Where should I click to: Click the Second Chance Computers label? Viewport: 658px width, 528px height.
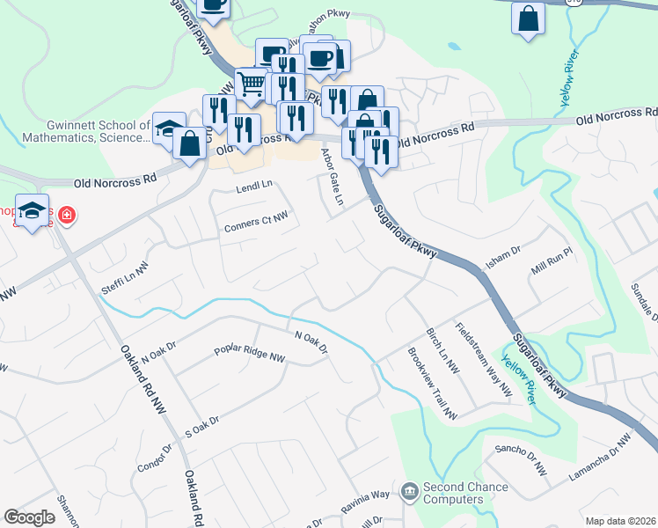point(465,493)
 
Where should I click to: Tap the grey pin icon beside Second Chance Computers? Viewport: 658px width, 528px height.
point(409,490)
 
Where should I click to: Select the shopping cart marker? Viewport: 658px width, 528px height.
point(252,84)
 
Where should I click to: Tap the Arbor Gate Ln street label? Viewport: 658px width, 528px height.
point(332,177)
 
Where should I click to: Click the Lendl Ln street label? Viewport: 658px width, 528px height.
point(255,187)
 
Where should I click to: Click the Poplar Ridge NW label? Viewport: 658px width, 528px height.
point(250,355)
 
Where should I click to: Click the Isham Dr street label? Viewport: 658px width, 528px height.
point(504,256)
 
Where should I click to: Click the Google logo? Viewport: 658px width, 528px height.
point(29,517)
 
